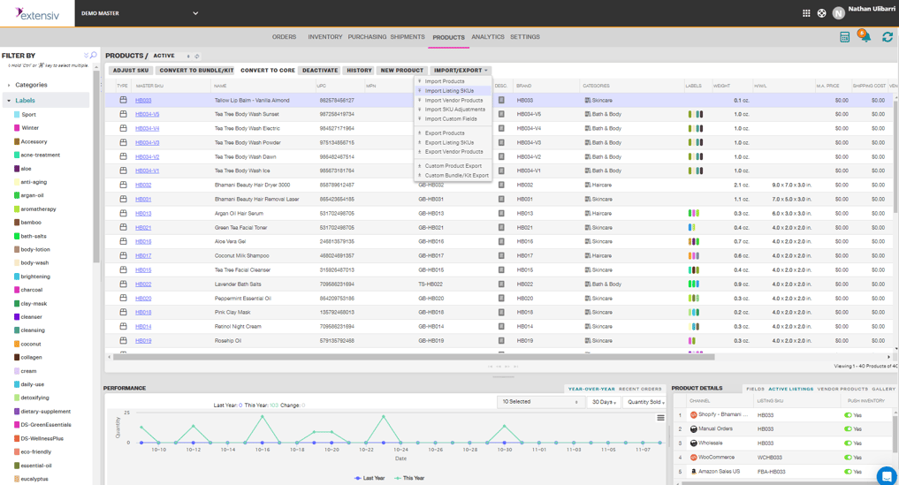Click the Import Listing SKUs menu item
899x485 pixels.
point(449,91)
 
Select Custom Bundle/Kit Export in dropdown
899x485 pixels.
point(456,175)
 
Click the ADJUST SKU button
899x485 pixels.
point(131,71)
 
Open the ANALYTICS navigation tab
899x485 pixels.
point(488,37)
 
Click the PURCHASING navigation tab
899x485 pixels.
point(367,37)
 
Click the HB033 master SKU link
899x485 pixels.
point(143,101)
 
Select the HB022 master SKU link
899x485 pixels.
point(143,284)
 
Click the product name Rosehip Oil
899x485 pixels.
point(227,341)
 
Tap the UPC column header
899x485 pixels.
point(322,86)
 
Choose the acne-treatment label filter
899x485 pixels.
point(41,155)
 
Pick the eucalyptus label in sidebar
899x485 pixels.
point(34,479)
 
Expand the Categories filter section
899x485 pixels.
point(31,85)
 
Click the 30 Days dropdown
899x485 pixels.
point(605,402)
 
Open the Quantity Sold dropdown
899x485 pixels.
point(645,402)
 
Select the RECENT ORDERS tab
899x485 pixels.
point(640,389)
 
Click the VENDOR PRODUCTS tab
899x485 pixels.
point(842,389)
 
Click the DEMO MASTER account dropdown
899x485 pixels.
point(140,13)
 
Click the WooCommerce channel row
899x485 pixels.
point(718,458)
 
